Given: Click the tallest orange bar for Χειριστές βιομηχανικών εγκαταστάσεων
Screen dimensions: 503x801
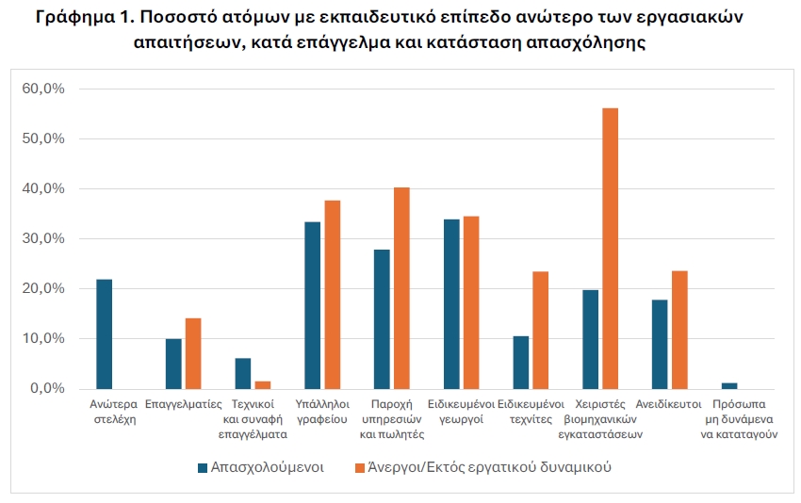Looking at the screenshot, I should (x=610, y=249).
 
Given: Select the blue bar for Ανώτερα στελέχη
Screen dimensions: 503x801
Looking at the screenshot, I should (x=104, y=334).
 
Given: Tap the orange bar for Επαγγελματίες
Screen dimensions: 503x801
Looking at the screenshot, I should (x=193, y=353).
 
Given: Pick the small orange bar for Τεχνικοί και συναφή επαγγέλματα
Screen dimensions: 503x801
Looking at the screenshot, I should (x=263, y=384).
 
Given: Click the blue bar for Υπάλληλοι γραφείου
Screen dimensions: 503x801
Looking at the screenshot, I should (x=312, y=305).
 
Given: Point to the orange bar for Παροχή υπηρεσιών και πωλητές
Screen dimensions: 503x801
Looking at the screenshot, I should (x=401, y=288).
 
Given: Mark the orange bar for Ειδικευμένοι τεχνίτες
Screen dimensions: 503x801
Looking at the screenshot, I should (x=540, y=330).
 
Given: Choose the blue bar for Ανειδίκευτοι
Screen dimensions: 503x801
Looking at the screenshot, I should (x=660, y=344).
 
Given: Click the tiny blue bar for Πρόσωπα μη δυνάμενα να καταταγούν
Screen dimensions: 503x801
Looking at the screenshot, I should (x=729, y=385).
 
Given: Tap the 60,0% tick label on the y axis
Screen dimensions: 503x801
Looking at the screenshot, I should (x=43, y=89).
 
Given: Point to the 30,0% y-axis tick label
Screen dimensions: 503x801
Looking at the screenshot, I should (x=43, y=238).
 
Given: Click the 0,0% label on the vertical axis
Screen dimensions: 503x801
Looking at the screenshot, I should (x=47, y=388).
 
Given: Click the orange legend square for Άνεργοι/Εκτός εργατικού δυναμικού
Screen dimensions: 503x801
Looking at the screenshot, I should (x=360, y=467).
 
